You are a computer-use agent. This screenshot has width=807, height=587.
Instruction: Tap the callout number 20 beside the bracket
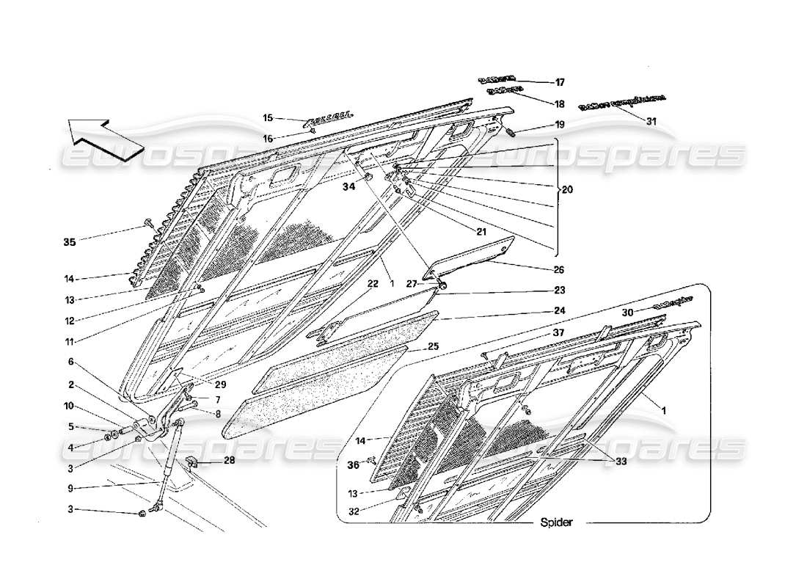(568, 189)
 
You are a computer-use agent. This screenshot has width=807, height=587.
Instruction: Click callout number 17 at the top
(559, 82)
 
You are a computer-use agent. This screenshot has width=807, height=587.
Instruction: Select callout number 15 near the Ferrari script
(268, 117)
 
